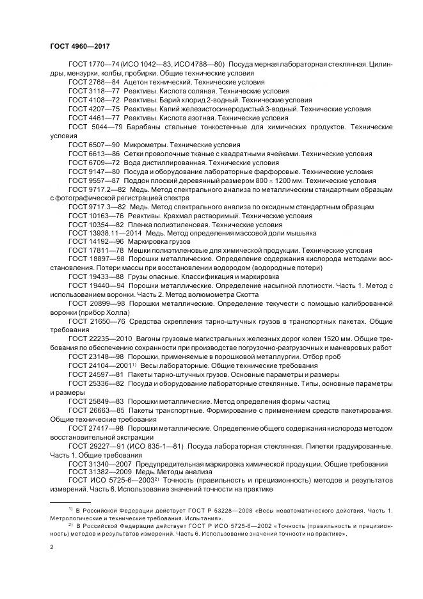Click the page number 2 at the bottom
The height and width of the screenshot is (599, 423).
(x=51, y=548)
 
